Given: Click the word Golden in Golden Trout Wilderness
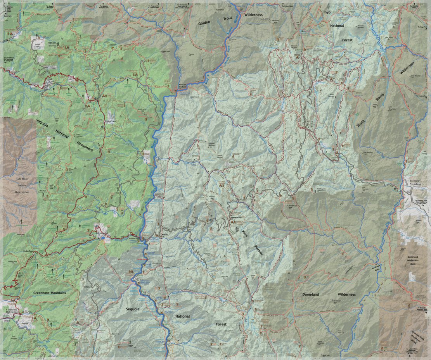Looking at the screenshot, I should coord(204,23).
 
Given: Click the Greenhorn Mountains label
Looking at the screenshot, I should coord(50,293).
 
